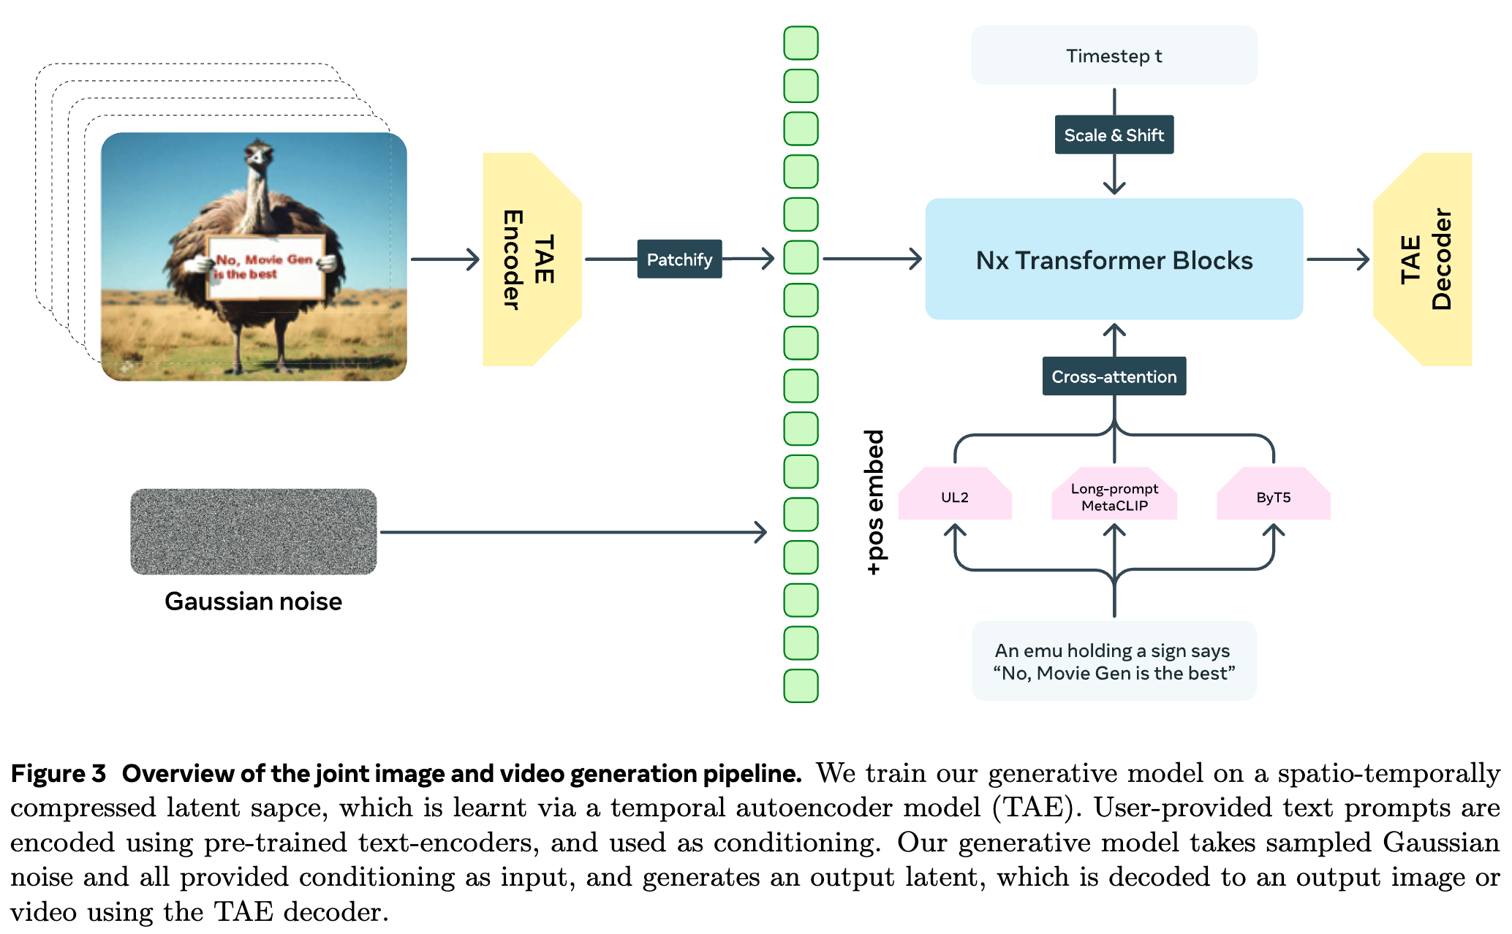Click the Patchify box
pos(679,259)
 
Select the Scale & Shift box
pos(1114,134)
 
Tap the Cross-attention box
pos(1114,376)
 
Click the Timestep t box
pos(1114,56)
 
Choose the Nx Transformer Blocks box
pos(1114,259)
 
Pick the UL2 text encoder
pos(954,494)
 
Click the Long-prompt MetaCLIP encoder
pos(1114,494)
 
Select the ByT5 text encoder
pos(1273,494)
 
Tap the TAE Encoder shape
pos(532,259)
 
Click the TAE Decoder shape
pos(1423,259)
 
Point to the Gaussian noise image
pos(253,531)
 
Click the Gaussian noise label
pos(253,601)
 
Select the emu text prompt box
pos(1114,661)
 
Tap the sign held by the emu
pos(265,267)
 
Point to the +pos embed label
pos(874,502)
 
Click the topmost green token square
pos(801,43)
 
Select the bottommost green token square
pos(801,686)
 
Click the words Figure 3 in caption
pos(58,773)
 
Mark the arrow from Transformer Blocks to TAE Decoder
pos(1338,259)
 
